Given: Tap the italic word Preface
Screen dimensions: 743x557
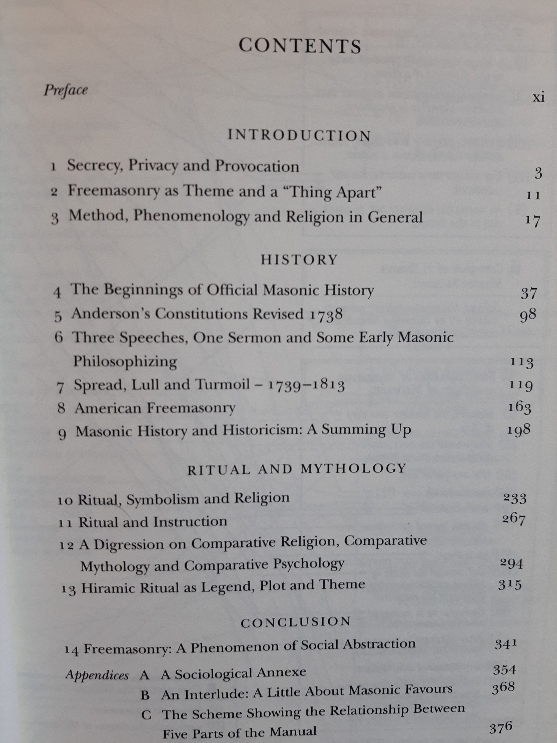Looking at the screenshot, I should pos(66,90).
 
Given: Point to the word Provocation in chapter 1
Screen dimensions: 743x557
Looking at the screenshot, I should pos(257,166).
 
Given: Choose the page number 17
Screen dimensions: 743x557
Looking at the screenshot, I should pos(533,221).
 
